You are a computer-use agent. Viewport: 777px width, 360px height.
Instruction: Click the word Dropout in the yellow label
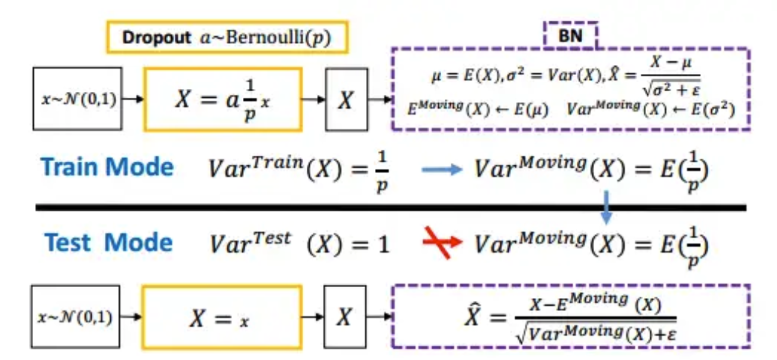[157, 37]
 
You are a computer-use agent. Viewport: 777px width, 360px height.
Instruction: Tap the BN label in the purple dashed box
[570, 36]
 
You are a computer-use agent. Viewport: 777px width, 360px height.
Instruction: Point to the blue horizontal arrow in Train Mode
[441, 170]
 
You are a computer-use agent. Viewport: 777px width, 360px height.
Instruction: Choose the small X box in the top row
[346, 99]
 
